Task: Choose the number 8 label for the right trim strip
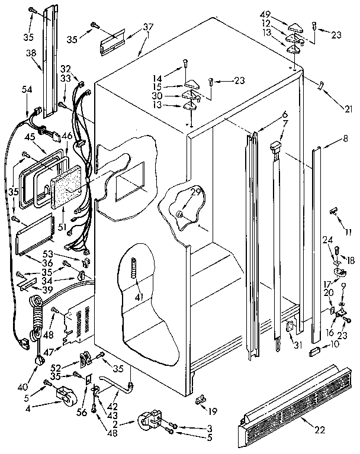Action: (x=345, y=141)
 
